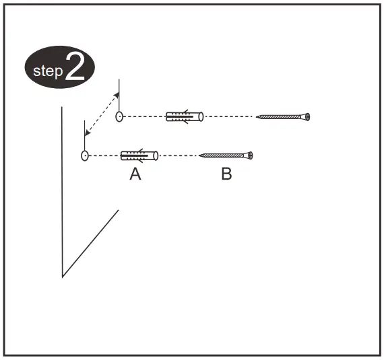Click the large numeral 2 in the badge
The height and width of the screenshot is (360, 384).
tap(75, 67)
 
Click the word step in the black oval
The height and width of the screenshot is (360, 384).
tap(48, 71)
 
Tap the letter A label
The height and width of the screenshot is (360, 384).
tap(135, 174)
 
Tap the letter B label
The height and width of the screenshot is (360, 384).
tap(226, 174)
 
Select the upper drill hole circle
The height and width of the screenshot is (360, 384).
tap(119, 116)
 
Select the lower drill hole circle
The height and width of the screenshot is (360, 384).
tap(85, 155)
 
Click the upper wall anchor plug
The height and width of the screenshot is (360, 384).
tap(185, 116)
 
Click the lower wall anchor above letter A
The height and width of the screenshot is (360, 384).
tap(139, 155)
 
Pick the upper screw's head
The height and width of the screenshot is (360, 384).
tap(307, 117)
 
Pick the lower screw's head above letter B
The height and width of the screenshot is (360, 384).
tap(249, 155)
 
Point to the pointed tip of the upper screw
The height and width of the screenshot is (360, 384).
tap(256, 117)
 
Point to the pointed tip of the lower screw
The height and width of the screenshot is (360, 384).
tap(199, 155)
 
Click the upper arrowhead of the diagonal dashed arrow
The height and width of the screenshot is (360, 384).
tap(117, 95)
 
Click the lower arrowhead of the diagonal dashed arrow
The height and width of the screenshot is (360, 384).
tap(87, 133)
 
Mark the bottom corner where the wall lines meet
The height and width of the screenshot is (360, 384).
tap(63, 277)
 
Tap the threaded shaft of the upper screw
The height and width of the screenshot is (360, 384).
tap(280, 117)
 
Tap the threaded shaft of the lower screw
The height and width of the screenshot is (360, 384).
tap(222, 155)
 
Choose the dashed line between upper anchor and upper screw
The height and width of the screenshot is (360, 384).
tap(229, 116)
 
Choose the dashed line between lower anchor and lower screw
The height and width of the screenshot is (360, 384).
tap(179, 155)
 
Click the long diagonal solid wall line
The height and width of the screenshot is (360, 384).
tap(91, 244)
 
